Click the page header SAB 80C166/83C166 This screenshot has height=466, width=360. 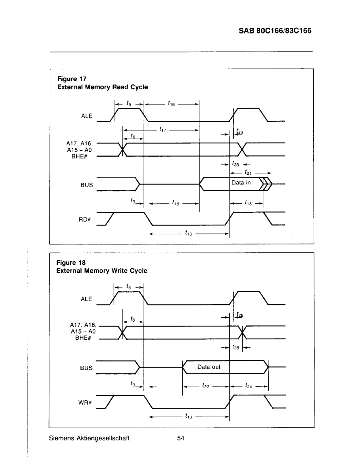click(275, 31)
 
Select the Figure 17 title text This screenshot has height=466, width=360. click(102, 83)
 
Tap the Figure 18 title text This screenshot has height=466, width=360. click(102, 267)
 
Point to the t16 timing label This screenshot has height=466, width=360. click(171, 103)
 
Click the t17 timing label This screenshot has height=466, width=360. click(162, 129)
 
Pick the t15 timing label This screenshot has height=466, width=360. click(176, 203)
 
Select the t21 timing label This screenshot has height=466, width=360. click(248, 173)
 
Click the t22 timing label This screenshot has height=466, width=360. click(206, 386)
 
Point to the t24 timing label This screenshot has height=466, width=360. click(248, 386)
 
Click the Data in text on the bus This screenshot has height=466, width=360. click(241, 183)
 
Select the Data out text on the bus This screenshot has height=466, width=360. click(209, 367)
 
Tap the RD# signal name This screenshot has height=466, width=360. click(85, 219)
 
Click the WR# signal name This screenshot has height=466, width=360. click(85, 402)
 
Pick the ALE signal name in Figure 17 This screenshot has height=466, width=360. click(87, 116)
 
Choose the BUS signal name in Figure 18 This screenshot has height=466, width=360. click(86, 368)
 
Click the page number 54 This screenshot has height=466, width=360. click(180, 438)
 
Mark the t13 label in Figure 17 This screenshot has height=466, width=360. click(188, 233)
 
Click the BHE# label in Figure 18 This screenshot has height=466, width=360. click(83, 338)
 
